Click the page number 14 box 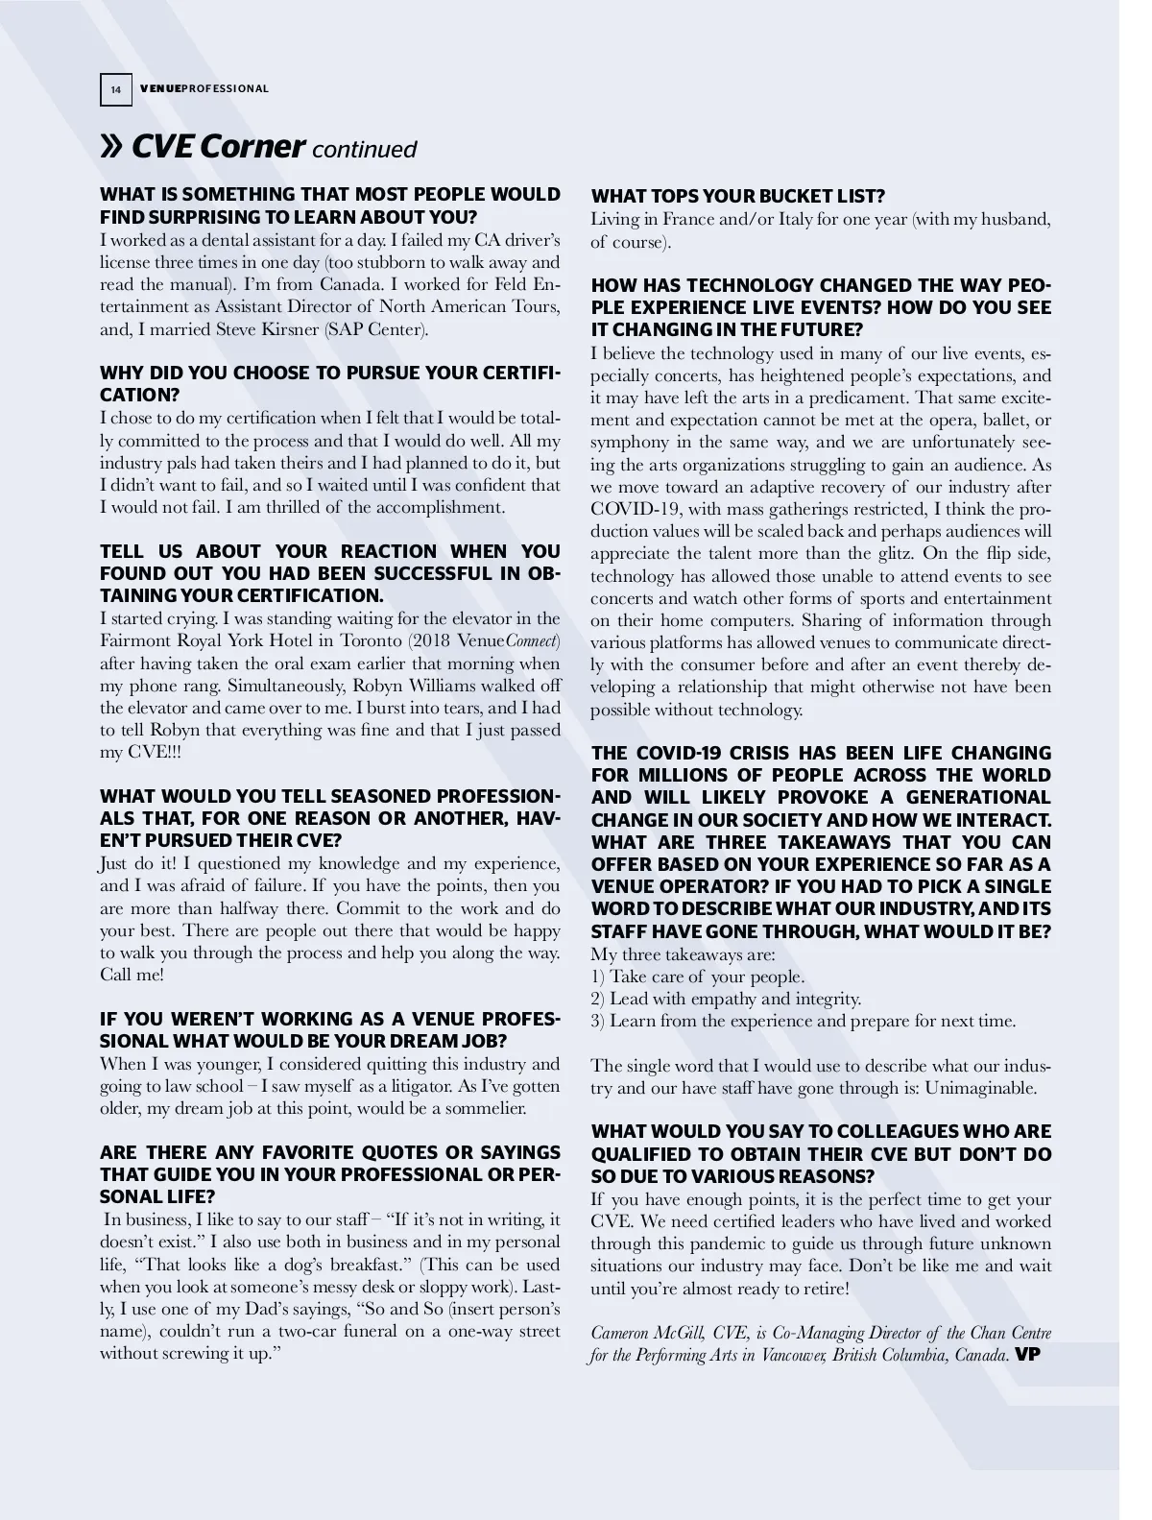tap(115, 89)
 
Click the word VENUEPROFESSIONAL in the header tap(204, 89)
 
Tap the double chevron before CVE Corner tap(111, 147)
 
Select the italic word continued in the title tap(364, 150)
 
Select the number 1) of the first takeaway tap(597, 977)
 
